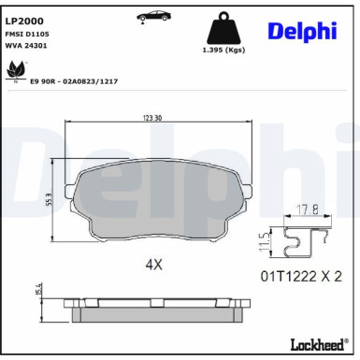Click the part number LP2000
24,21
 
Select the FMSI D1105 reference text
27,34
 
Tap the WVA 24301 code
26,46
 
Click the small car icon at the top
153,17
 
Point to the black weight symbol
224,28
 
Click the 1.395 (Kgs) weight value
223,50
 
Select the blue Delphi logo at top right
302,31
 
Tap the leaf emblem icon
16,71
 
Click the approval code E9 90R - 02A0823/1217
74,81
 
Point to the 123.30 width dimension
152,118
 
